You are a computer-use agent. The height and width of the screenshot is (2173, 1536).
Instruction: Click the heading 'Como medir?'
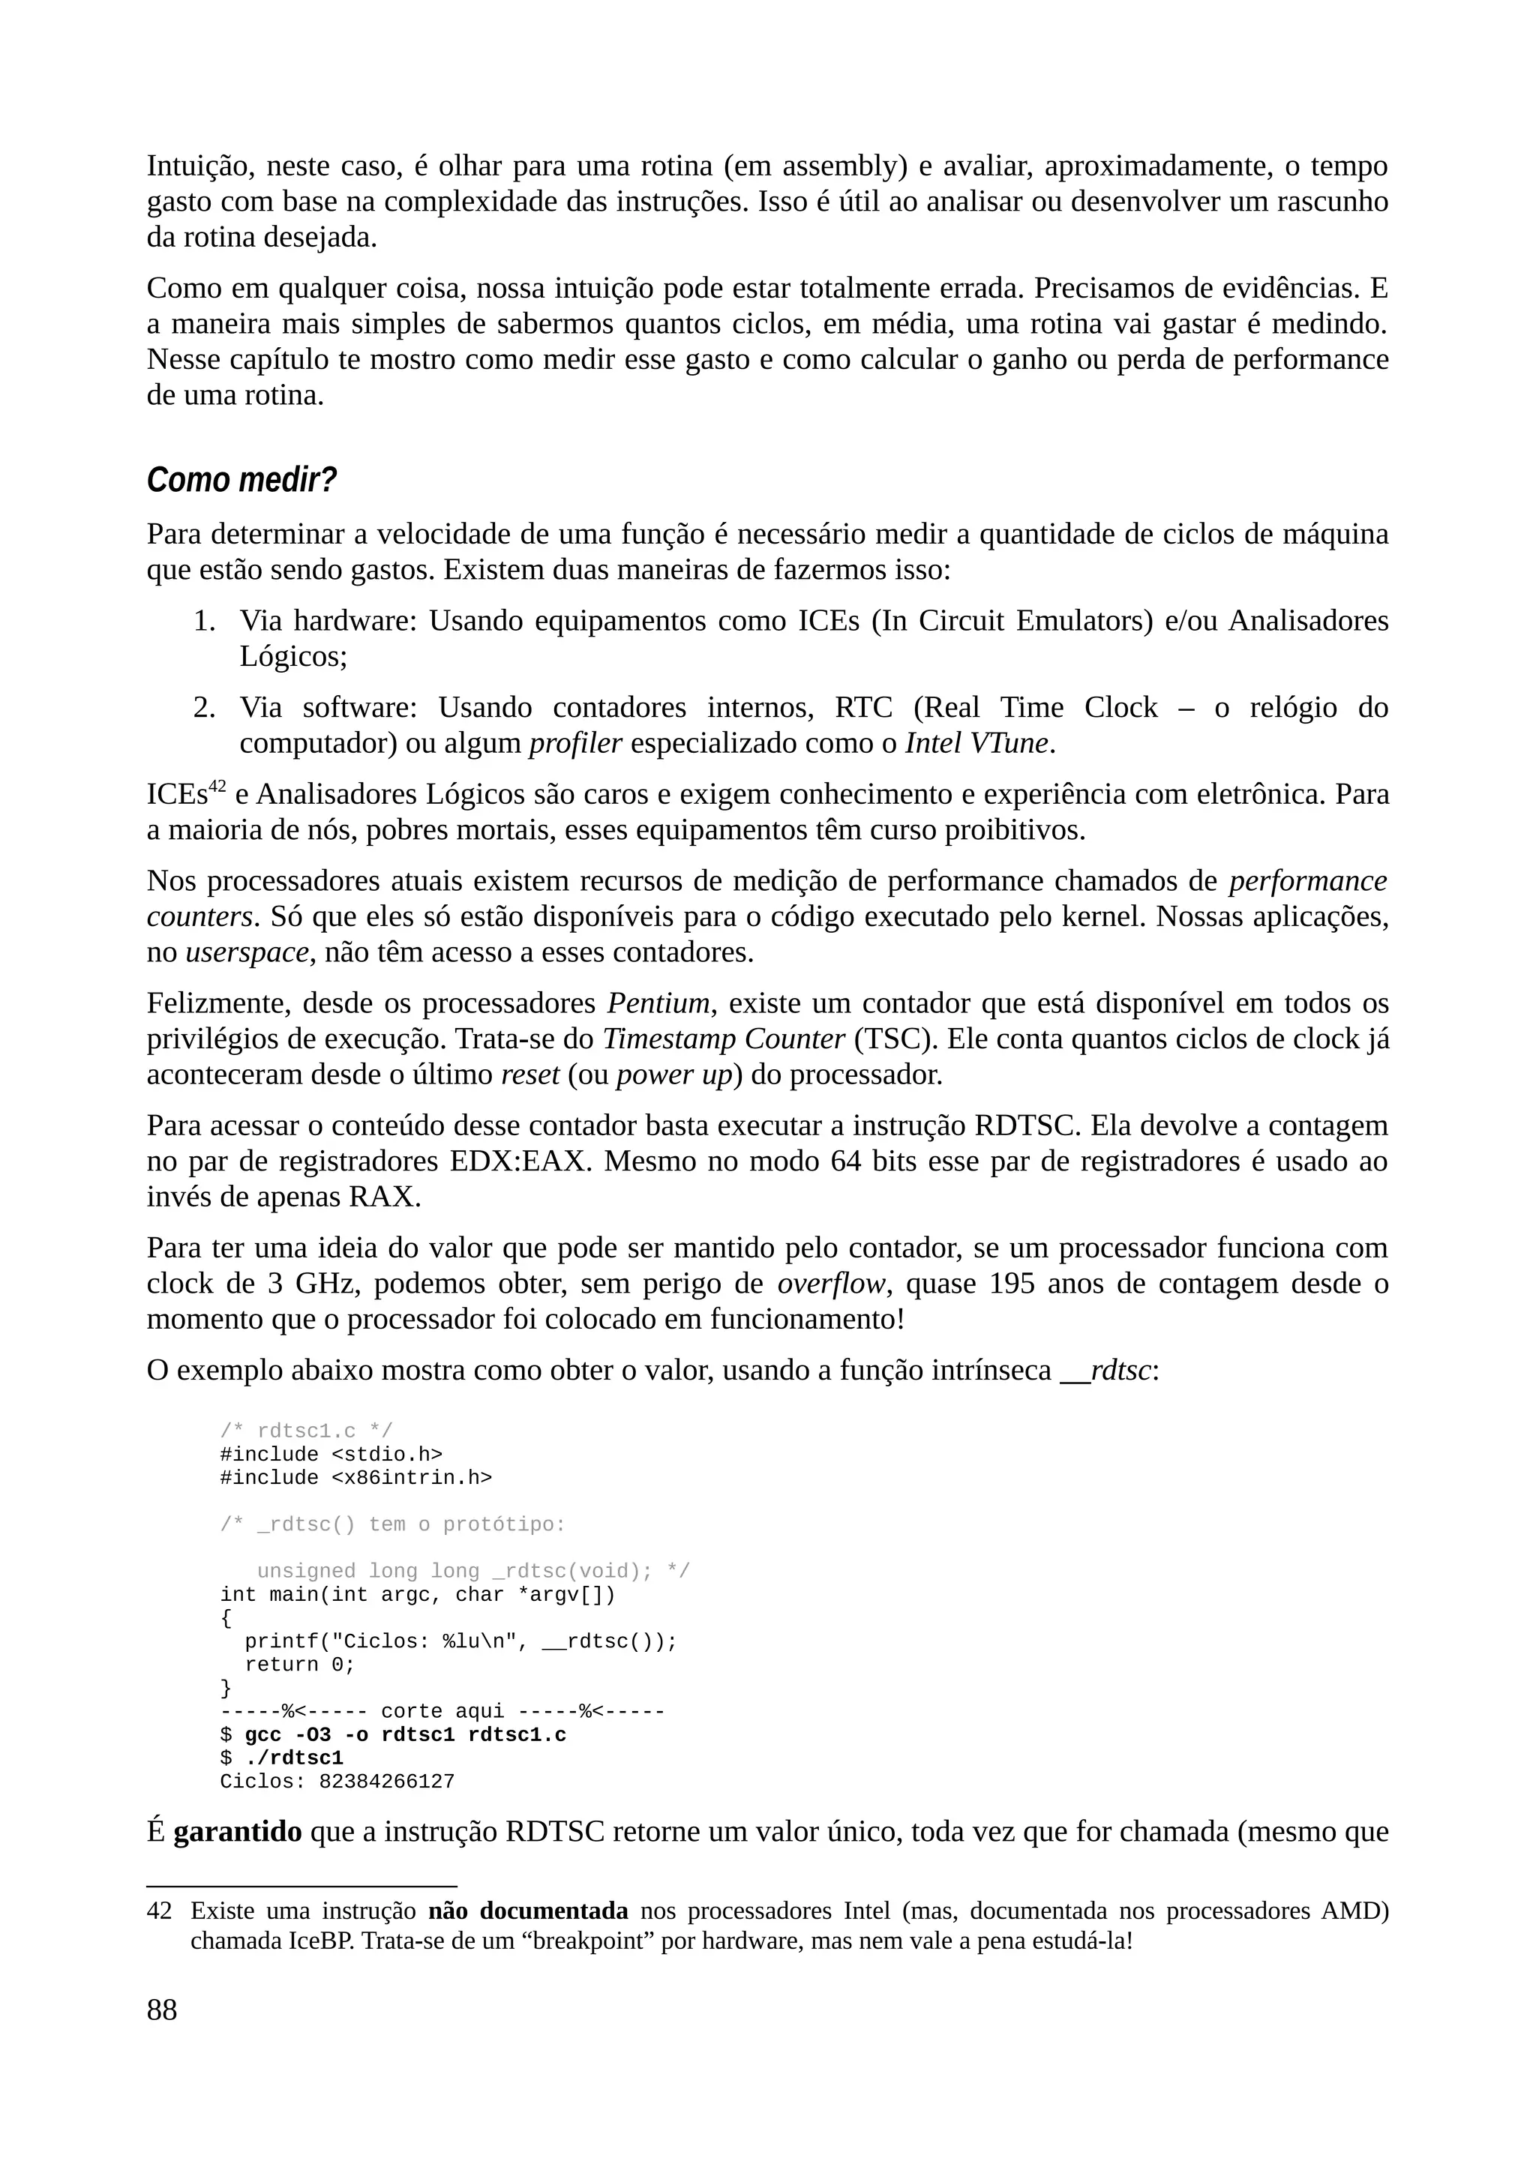click(x=241, y=480)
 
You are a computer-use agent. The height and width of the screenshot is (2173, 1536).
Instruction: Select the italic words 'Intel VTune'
click(x=976, y=744)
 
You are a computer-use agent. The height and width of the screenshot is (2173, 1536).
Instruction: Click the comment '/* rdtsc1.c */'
click(x=306, y=1431)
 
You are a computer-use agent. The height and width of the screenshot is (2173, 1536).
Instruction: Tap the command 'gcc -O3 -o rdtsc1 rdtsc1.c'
click(x=405, y=1735)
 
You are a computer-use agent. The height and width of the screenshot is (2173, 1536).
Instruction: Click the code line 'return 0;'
click(x=299, y=1665)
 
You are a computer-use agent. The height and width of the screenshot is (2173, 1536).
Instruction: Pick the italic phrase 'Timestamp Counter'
click(x=724, y=1039)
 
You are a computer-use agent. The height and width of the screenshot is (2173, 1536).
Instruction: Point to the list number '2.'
click(x=205, y=708)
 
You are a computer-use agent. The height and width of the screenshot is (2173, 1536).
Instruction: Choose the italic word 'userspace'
click(x=247, y=952)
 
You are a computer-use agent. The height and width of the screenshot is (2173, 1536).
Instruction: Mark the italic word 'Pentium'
click(x=658, y=1003)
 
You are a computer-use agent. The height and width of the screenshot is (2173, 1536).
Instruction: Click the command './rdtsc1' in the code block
click(x=293, y=1758)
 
